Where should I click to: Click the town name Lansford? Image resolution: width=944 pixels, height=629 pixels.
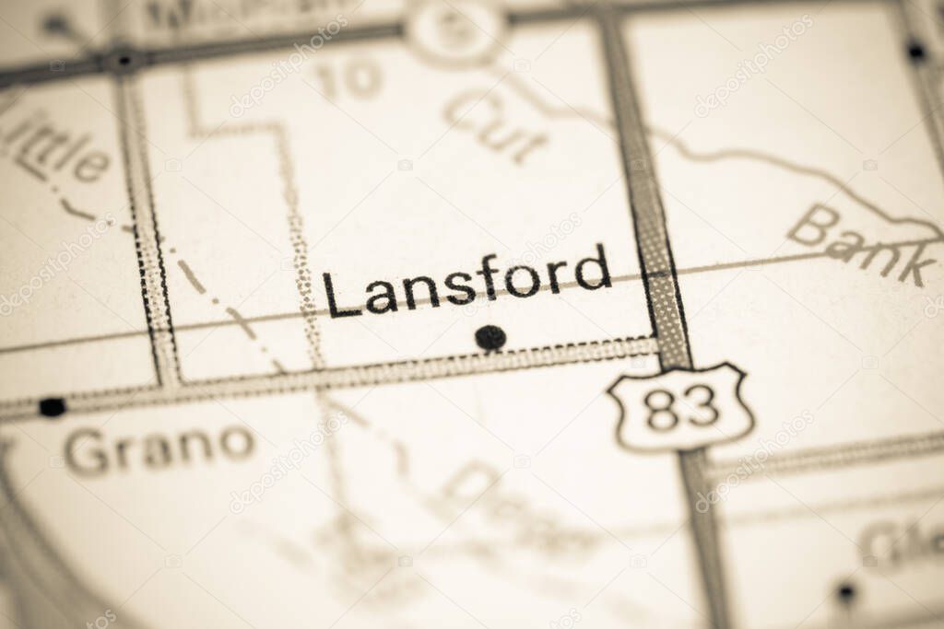tap(466, 283)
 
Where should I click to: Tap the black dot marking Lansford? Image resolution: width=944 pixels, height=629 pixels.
tap(490, 337)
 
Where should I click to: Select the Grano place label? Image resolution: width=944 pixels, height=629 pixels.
tap(159, 449)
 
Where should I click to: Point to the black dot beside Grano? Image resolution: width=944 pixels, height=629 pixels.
tap(53, 406)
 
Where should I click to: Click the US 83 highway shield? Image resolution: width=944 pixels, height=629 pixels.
tap(680, 407)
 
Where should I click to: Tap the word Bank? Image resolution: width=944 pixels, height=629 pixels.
tap(861, 244)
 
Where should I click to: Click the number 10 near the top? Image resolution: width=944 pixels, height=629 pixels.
tap(349, 79)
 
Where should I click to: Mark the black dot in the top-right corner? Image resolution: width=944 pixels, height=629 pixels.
tap(915, 51)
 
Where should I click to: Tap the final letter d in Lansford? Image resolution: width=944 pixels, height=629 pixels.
tap(594, 267)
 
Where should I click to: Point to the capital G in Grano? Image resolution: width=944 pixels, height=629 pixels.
tap(88, 452)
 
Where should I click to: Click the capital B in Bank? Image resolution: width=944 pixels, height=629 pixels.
tap(813, 225)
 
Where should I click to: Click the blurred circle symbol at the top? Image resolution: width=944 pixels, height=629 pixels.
tap(454, 28)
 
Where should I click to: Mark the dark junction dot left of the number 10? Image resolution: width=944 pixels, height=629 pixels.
tap(121, 61)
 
